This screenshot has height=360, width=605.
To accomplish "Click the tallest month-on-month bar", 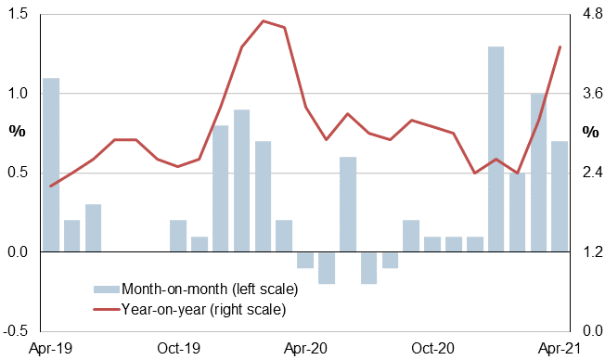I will click(x=496, y=148).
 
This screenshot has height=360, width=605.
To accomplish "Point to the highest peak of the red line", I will click(x=264, y=21).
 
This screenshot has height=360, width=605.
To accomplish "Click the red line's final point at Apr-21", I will click(x=560, y=46).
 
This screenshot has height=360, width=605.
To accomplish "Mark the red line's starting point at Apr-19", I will click(x=51, y=186).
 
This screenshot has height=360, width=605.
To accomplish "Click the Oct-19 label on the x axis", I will click(x=178, y=349).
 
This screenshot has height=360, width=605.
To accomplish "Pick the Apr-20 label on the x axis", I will click(x=305, y=349).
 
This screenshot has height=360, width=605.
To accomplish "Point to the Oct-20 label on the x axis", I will click(x=432, y=349).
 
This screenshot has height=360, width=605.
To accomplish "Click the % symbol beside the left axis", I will click(x=18, y=131).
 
